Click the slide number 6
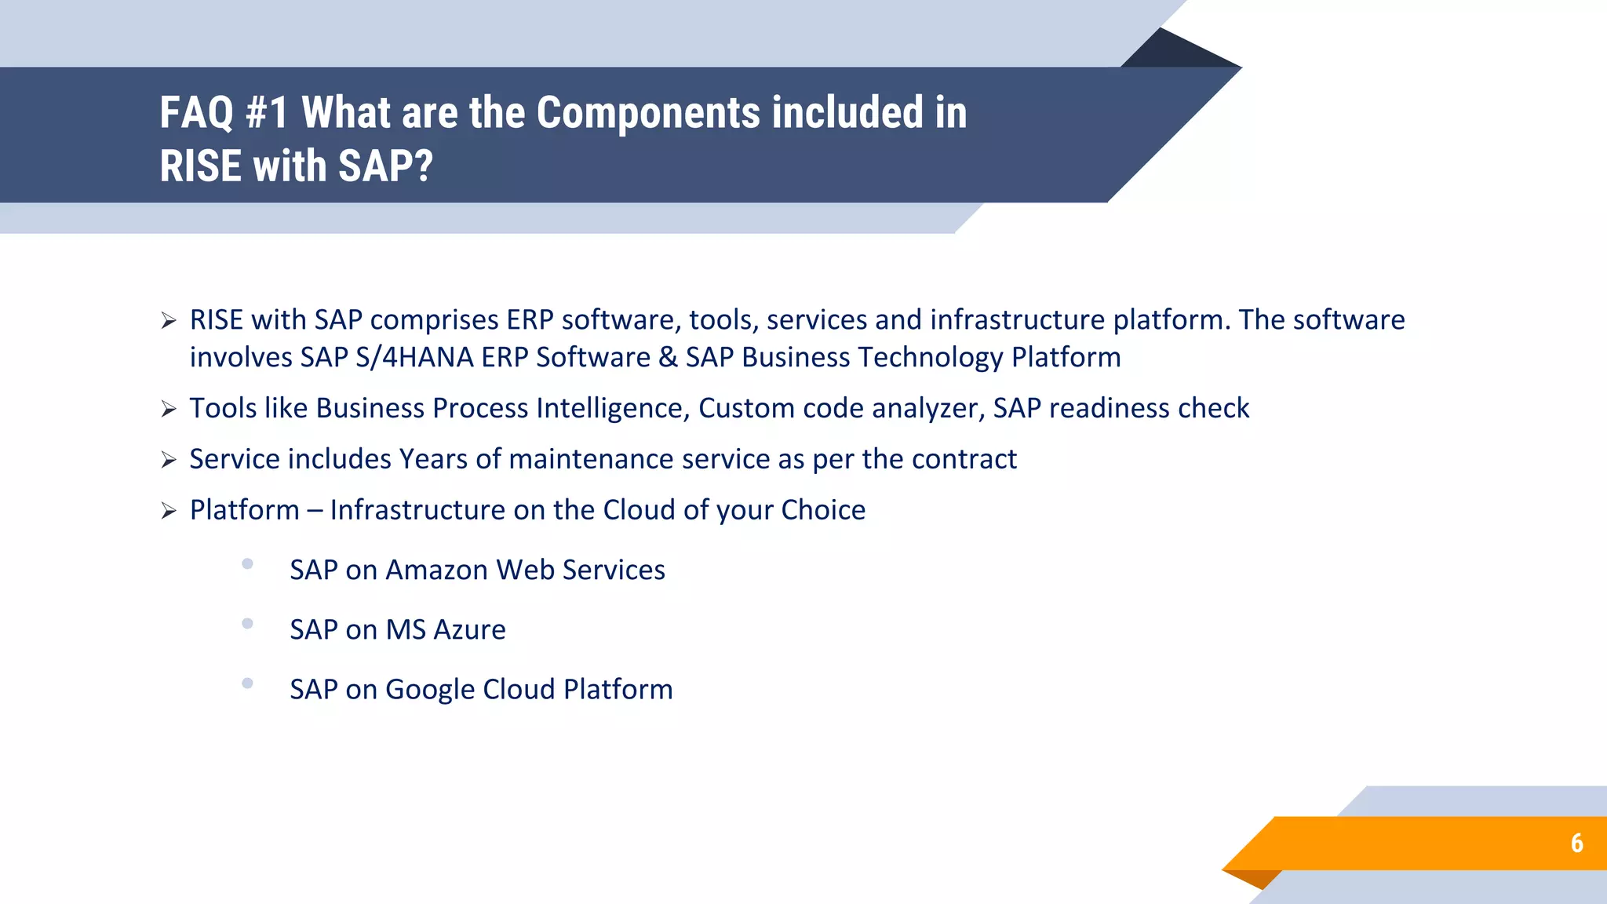coord(1576,843)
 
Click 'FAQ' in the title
coord(196,112)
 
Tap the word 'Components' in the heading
coord(648,112)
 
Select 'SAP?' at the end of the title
coord(385,166)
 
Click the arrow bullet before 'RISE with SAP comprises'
coord(169,321)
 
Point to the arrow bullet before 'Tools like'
coord(169,409)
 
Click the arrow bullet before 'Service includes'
coord(169,460)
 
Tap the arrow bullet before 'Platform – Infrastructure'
coord(169,511)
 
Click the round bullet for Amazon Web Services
coord(247,563)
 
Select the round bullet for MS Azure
coord(247,623)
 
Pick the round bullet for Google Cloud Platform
coord(247,683)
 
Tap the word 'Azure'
coord(469,629)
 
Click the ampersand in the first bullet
coord(668,357)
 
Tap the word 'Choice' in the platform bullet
coord(823,510)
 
